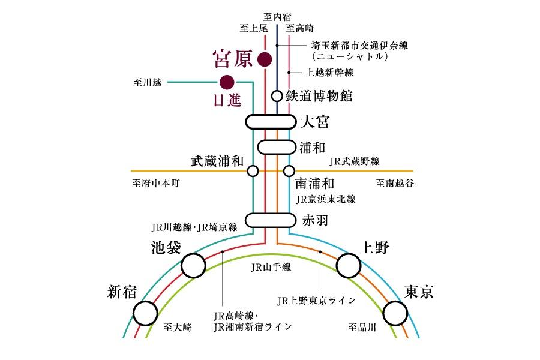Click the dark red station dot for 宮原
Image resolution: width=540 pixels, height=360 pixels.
click(265, 59)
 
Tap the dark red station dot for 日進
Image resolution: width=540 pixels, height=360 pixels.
click(227, 82)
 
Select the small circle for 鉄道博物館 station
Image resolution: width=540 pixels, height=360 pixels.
click(277, 95)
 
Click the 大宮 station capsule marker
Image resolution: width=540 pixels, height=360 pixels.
click(271, 122)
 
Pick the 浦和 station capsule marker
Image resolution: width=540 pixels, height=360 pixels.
click(277, 146)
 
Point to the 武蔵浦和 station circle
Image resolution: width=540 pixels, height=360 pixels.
click(253, 171)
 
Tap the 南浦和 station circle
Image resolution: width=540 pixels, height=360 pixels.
click(289, 171)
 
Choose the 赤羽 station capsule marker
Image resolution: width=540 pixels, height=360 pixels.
click(271, 220)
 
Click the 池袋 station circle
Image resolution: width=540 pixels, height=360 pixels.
click(193, 265)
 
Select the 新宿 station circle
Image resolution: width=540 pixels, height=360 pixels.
click(145, 313)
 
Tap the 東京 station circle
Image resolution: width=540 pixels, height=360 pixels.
click(395, 313)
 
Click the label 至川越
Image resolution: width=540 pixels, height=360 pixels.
click(148, 82)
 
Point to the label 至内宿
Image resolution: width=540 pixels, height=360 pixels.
click(277, 16)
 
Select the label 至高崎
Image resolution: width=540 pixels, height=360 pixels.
click(300, 28)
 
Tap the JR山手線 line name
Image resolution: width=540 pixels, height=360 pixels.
click(271, 267)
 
